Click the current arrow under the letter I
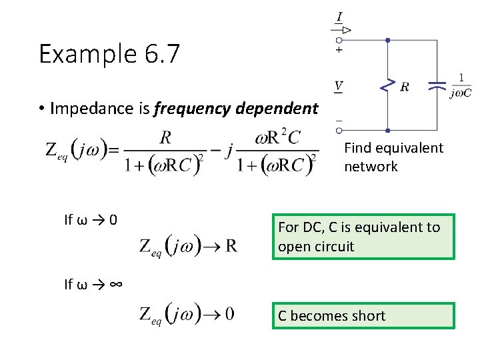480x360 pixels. click(x=341, y=30)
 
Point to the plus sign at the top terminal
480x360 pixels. click(x=339, y=50)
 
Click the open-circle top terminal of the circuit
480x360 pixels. click(x=339, y=40)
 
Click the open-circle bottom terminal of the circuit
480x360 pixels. click(x=339, y=129)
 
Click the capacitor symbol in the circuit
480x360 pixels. click(x=437, y=85)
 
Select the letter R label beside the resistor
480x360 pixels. click(x=405, y=86)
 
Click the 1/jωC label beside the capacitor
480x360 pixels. click(x=461, y=86)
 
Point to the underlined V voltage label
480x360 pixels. click(x=339, y=85)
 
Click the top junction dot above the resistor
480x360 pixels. click(x=387, y=40)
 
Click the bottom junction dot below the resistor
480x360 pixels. click(x=387, y=129)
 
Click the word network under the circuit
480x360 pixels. click(x=371, y=167)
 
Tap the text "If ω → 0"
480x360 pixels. click(x=91, y=219)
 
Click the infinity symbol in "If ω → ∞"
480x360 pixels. click(x=115, y=284)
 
